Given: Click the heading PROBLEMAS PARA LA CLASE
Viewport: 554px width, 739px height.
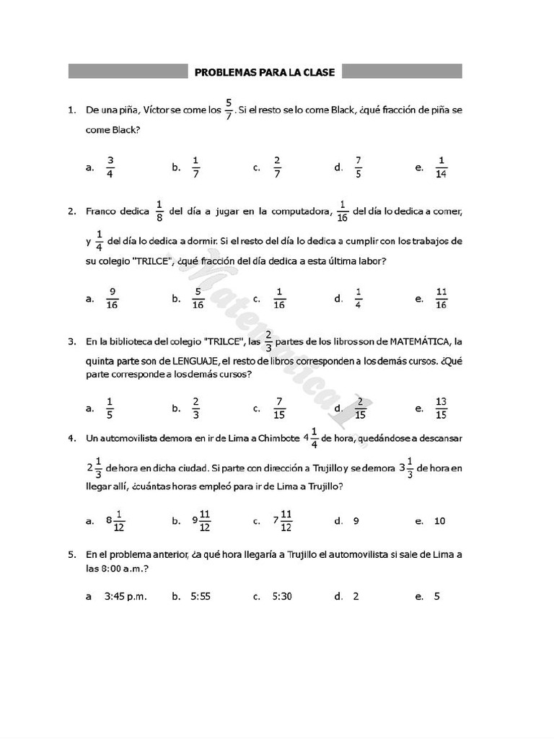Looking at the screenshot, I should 265,71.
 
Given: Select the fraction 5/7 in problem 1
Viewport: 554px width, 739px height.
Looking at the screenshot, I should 229,110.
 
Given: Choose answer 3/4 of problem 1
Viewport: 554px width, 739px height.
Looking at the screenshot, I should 110,167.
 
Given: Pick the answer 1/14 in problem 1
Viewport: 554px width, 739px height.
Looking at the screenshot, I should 441,167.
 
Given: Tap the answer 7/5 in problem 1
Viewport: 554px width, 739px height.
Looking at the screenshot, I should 359,167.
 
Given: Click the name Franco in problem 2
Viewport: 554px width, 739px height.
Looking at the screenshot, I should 101,211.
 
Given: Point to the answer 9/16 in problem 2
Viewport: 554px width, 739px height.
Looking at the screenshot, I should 112,298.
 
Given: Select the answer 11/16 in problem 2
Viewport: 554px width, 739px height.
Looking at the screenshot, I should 441,298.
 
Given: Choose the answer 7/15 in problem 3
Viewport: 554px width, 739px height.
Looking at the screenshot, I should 279,408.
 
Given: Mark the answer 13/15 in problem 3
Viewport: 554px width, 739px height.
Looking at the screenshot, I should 441,408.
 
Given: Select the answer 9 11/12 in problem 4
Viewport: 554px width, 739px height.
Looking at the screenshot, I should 201,520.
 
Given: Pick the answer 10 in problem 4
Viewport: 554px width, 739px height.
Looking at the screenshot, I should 440,520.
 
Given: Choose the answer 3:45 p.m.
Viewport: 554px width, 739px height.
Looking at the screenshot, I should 126,596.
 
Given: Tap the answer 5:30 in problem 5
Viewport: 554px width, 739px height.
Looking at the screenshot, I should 282,596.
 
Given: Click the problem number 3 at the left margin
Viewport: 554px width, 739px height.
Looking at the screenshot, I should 71,341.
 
